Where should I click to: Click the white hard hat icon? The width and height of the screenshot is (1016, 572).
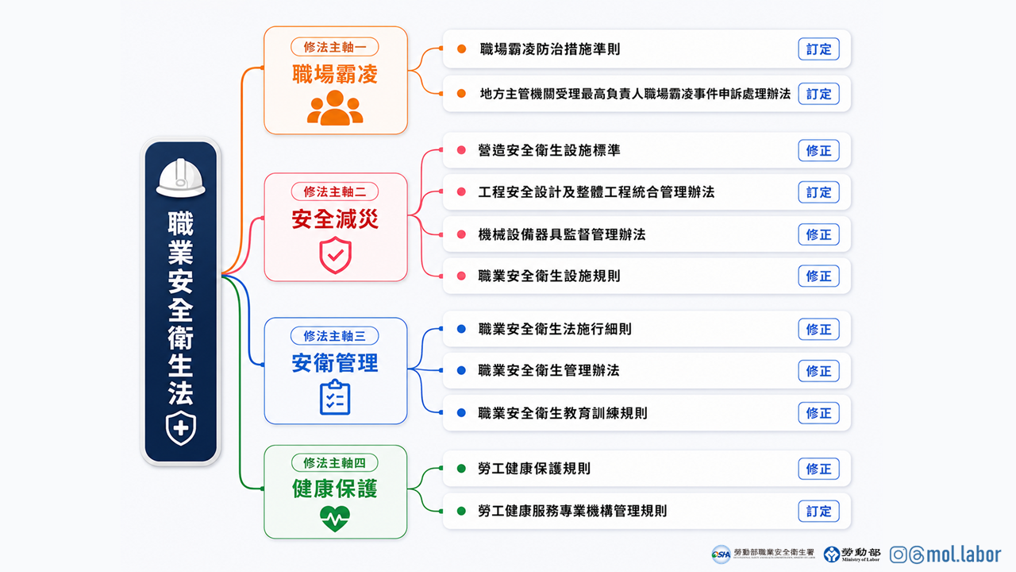pyautogui.click(x=180, y=177)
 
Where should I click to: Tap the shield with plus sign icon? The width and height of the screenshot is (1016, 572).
pyautogui.click(x=180, y=427)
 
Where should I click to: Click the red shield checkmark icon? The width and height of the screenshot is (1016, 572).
pyautogui.click(x=335, y=255)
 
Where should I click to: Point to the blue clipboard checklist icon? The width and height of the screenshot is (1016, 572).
pyautogui.click(x=335, y=398)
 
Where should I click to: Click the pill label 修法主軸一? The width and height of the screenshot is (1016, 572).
pyautogui.click(x=335, y=47)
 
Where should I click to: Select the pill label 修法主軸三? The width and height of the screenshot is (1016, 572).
pyautogui.click(x=335, y=336)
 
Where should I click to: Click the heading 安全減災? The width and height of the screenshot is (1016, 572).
pyautogui.click(x=335, y=219)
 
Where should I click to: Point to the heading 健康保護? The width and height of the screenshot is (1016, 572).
pyautogui.click(x=335, y=489)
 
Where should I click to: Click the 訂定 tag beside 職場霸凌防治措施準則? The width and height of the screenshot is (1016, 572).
pyautogui.click(x=818, y=49)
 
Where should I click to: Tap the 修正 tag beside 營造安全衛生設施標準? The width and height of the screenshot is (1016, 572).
pyautogui.click(x=818, y=151)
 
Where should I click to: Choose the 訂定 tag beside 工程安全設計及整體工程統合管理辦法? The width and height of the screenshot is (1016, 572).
pyautogui.click(x=818, y=192)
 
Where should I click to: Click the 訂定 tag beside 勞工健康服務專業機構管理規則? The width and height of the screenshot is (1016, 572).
pyautogui.click(x=818, y=512)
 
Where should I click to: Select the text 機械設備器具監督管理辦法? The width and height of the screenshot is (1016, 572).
pyautogui.click(x=562, y=234)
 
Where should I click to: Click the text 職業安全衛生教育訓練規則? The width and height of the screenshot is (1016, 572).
pyautogui.click(x=563, y=413)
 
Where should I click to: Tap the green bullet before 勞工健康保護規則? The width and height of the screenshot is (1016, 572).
pyautogui.click(x=461, y=469)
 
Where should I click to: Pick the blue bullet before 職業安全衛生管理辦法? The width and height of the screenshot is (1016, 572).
pyautogui.click(x=461, y=370)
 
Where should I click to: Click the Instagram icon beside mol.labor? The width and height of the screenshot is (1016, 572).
pyautogui.click(x=898, y=555)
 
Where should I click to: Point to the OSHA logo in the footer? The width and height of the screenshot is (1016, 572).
pyautogui.click(x=722, y=555)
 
